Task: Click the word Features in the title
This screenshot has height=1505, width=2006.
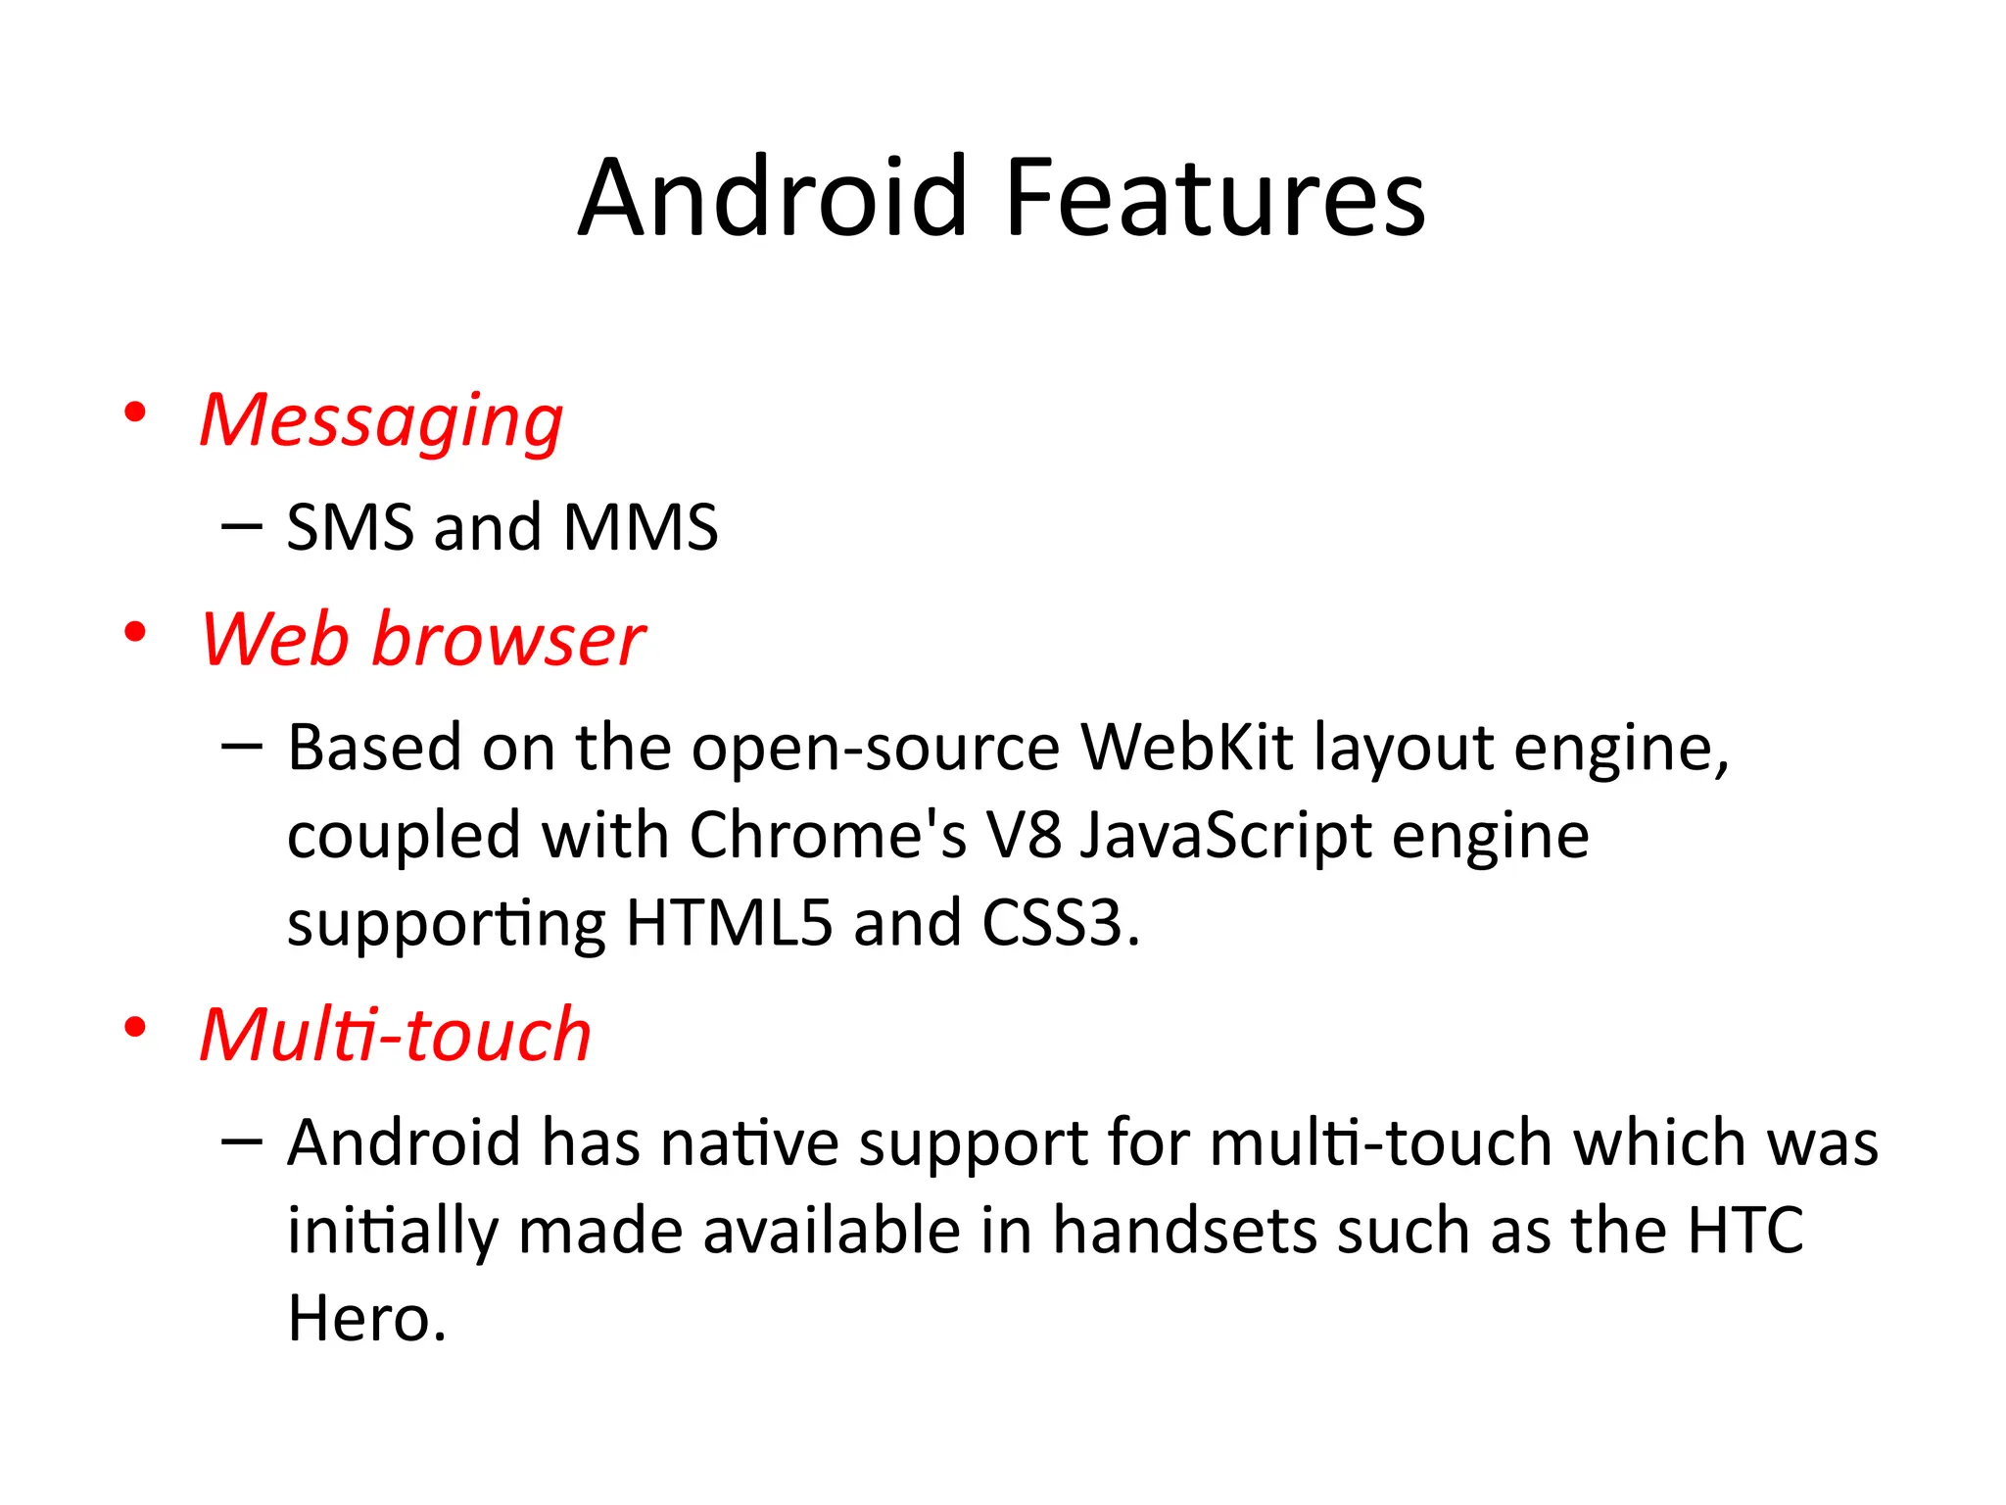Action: click(1215, 199)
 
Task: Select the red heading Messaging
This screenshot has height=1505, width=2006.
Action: click(381, 421)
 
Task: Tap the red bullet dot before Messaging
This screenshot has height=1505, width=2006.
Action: click(135, 413)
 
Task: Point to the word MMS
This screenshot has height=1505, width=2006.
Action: click(641, 528)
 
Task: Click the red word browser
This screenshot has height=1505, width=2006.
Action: click(508, 641)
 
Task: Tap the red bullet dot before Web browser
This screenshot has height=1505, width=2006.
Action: click(135, 633)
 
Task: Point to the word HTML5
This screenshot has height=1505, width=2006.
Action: click(729, 924)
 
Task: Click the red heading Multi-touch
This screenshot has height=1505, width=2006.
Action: click(396, 1036)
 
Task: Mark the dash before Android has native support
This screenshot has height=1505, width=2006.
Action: click(241, 1141)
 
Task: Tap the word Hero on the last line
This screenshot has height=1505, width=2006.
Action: click(358, 1320)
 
